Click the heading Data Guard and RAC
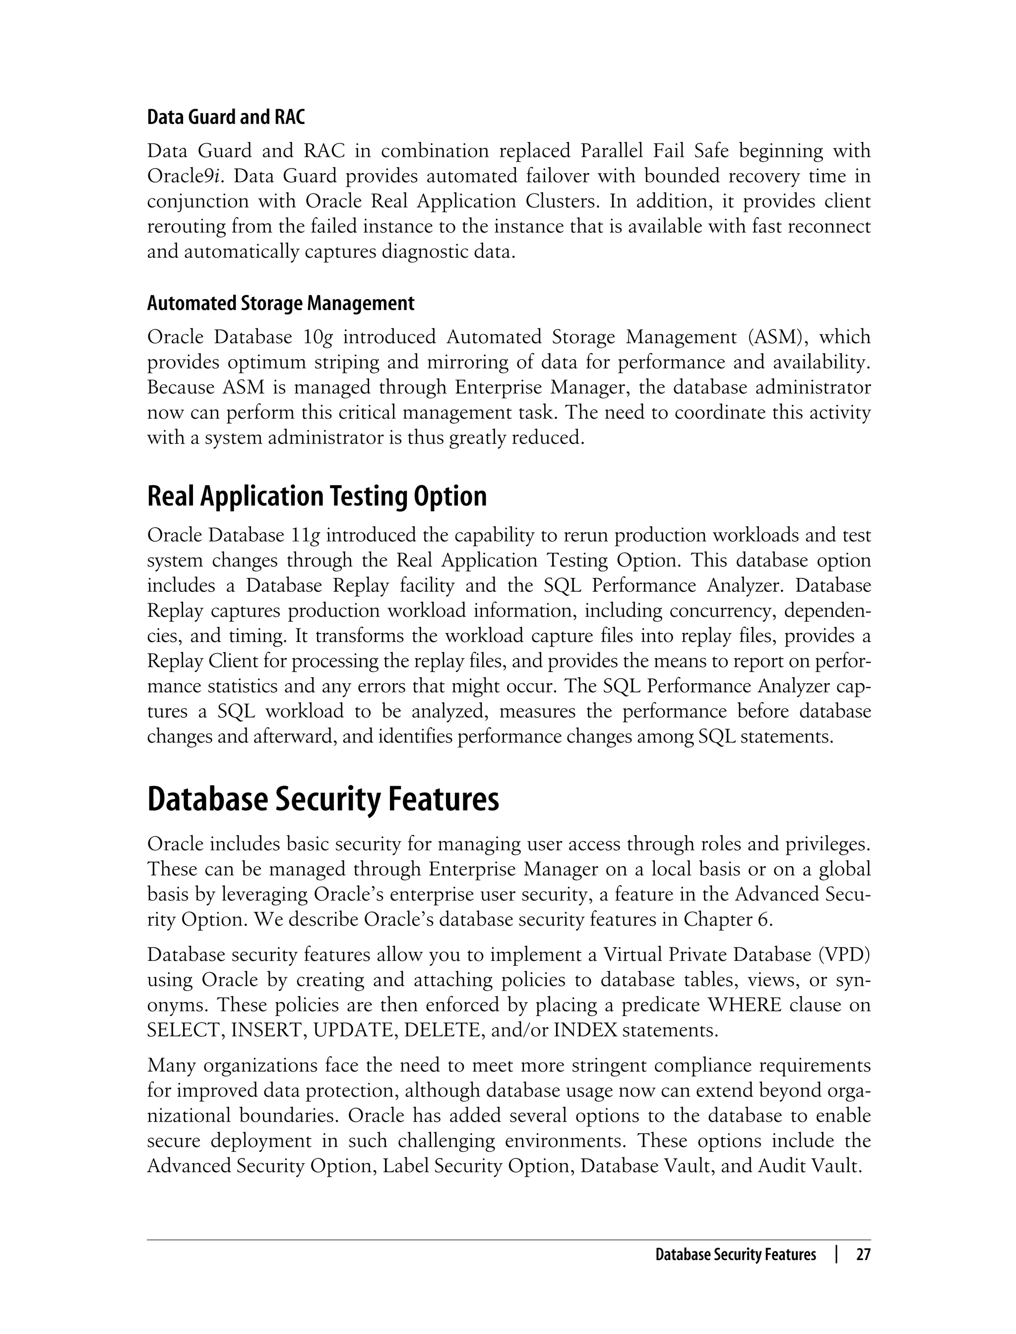click(x=226, y=117)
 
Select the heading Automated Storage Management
click(x=281, y=303)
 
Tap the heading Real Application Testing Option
click(x=317, y=496)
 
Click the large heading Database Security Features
click(x=323, y=799)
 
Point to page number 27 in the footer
click(x=863, y=1255)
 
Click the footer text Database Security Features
click(x=735, y=1255)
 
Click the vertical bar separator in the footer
click(x=836, y=1255)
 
